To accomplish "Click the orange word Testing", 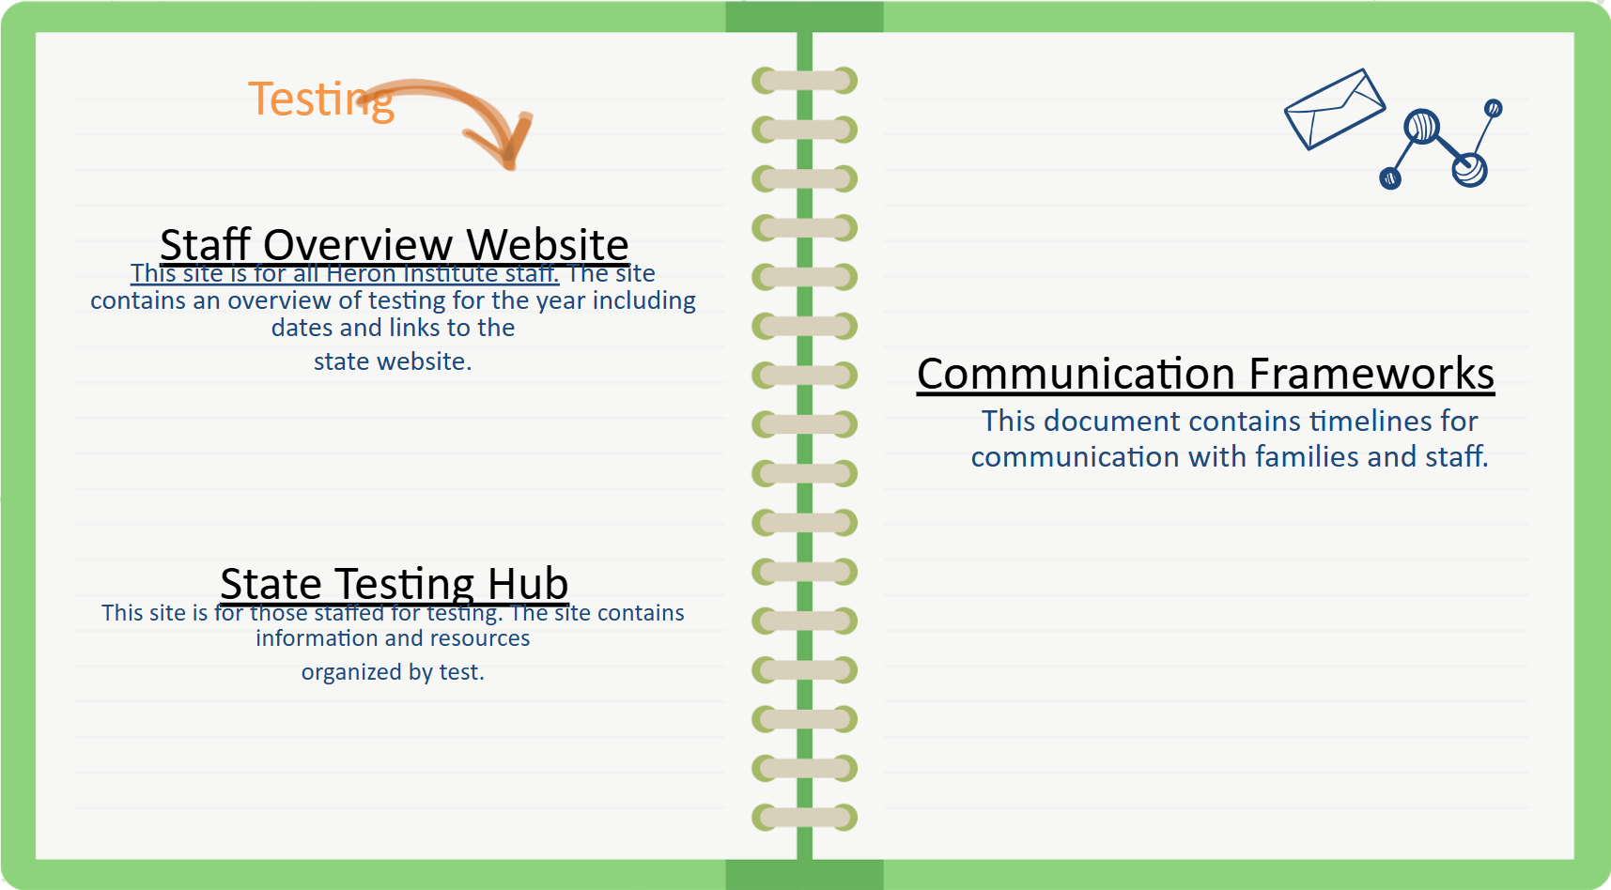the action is pos(320,100).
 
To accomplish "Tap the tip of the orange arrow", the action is pos(510,167).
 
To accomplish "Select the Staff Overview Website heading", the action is pos(395,244).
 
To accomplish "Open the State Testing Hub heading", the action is pos(395,584).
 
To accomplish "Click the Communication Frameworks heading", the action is pos(1205,374).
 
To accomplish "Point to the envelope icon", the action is pos(1335,109).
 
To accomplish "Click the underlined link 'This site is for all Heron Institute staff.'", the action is pos(345,273).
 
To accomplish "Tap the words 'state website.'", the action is pos(393,361).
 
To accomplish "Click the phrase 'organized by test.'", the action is pos(393,672).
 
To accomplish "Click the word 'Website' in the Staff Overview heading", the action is pos(548,244).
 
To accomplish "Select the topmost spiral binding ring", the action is pos(805,81).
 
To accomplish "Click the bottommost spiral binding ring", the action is pos(805,818).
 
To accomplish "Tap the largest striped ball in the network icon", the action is pos(1422,126).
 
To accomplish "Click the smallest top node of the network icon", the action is pos(1494,108).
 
